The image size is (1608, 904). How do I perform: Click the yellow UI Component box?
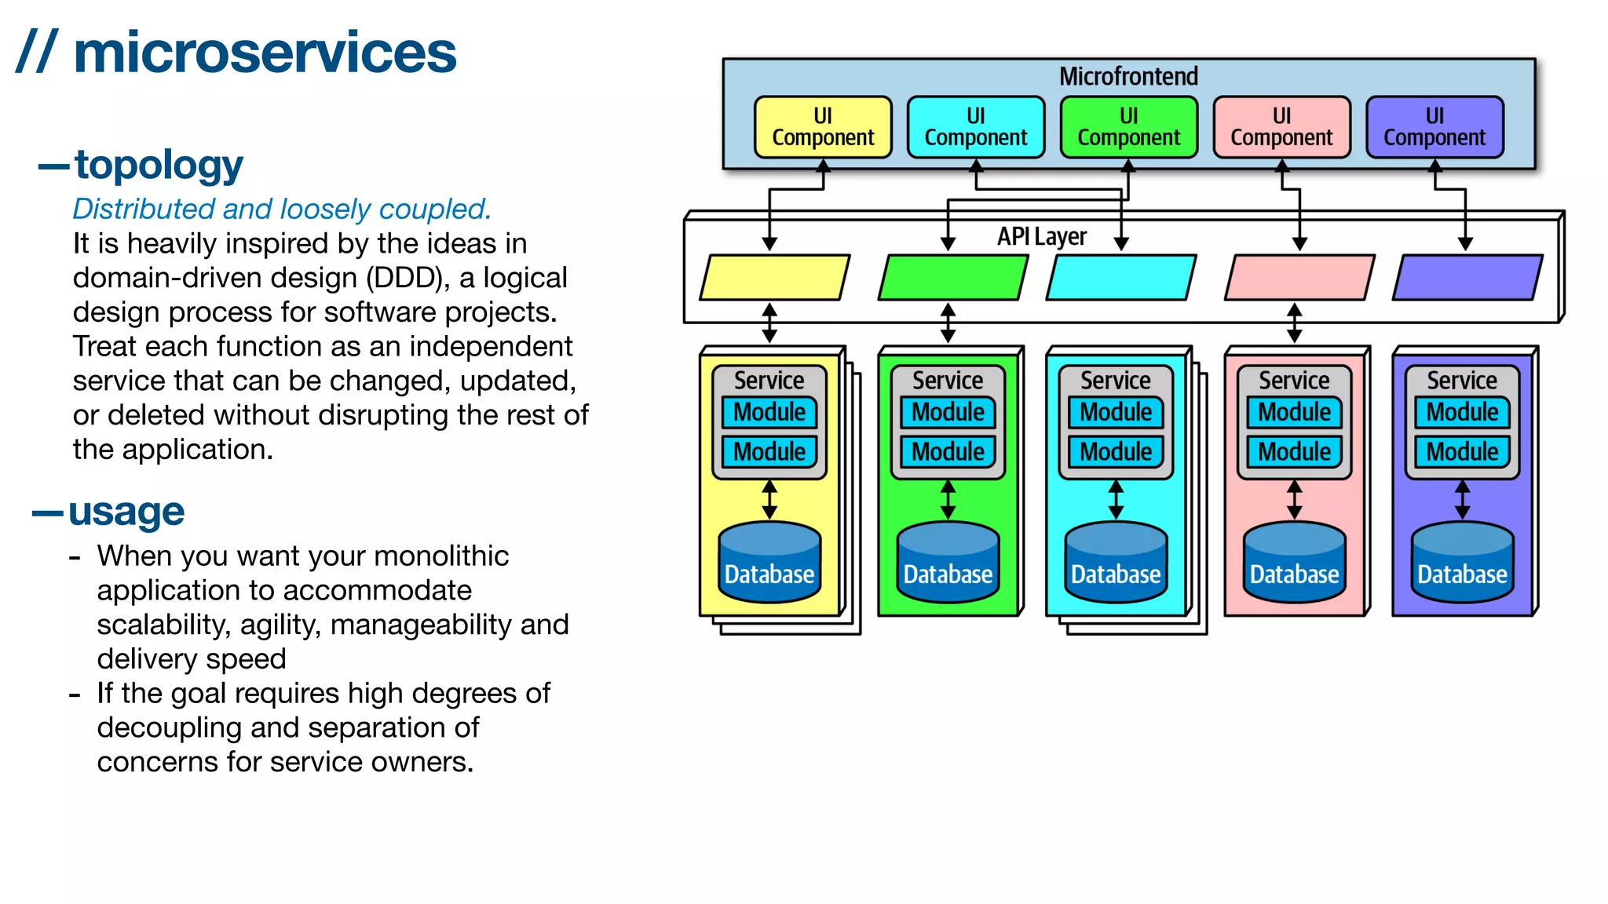(x=823, y=127)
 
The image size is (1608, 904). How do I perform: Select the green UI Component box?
(x=1128, y=127)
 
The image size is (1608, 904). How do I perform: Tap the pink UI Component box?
(x=1281, y=127)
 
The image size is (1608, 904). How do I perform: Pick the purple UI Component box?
(x=1434, y=127)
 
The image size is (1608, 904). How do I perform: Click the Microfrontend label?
(x=1128, y=76)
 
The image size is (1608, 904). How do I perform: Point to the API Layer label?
(x=1042, y=236)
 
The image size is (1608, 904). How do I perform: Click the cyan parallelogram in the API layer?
(x=1120, y=277)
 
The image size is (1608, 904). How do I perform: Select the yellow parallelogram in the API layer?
(x=774, y=277)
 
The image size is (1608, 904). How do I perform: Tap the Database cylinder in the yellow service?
(x=769, y=563)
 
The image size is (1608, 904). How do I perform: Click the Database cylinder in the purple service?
(x=1462, y=563)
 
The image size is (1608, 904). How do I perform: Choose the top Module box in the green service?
(x=948, y=412)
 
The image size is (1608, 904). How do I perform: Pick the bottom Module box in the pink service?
(x=1294, y=452)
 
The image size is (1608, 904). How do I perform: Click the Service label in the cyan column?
(x=1116, y=381)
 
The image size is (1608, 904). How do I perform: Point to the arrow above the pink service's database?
(x=1294, y=500)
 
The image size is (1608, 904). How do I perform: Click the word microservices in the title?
(x=265, y=53)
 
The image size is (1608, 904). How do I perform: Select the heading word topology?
(x=159, y=165)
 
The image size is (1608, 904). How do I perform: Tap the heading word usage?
(x=126, y=512)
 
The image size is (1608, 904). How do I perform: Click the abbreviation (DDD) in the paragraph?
(x=407, y=278)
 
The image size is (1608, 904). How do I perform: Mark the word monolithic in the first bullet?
(x=440, y=556)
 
